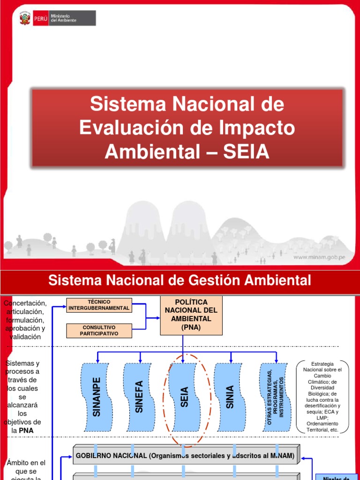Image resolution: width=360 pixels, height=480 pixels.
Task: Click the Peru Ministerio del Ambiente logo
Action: tap(57, 18)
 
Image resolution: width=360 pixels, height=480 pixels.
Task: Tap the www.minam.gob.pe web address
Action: tap(320, 257)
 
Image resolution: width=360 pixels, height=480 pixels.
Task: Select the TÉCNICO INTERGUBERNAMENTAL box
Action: tap(99, 305)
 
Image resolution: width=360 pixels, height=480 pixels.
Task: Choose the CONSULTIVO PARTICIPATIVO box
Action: tap(99, 330)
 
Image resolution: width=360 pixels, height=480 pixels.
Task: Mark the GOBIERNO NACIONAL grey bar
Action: tap(185, 456)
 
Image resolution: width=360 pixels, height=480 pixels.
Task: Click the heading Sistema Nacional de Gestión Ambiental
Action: tap(180, 281)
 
